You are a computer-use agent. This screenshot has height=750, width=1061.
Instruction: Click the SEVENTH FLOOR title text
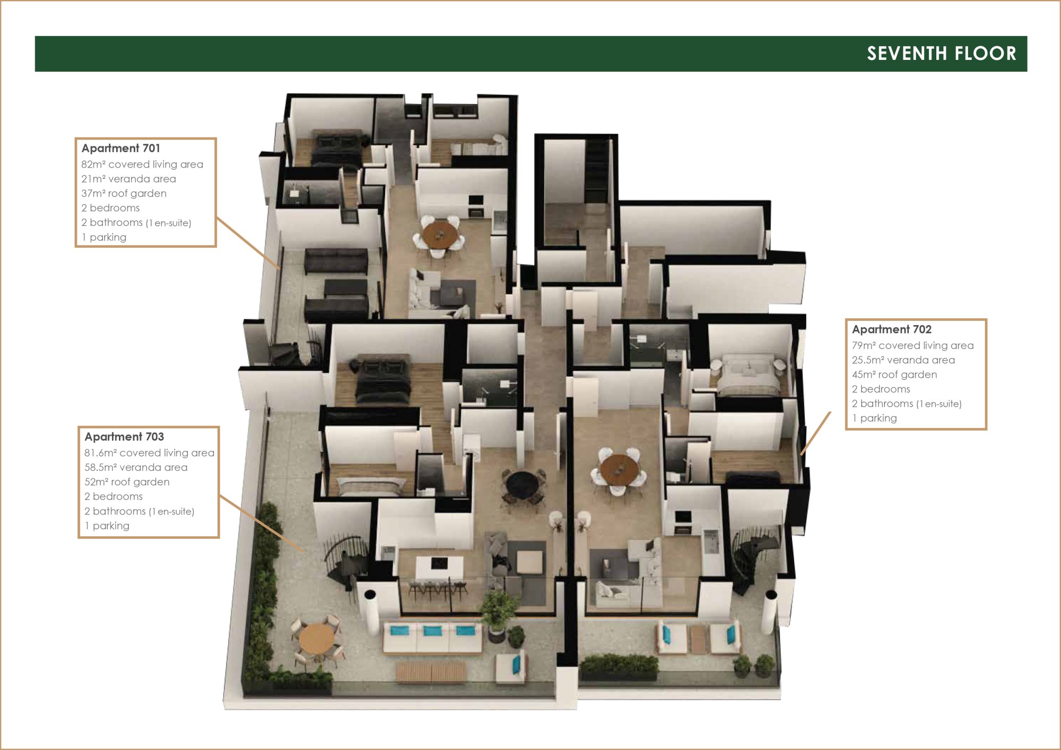[x=942, y=54]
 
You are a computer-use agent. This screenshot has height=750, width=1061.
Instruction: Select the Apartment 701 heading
[x=121, y=149]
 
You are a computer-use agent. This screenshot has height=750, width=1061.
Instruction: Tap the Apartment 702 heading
[x=892, y=329]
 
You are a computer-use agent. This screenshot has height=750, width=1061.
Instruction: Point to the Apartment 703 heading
[x=124, y=437]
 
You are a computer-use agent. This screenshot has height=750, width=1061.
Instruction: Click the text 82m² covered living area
[x=142, y=164]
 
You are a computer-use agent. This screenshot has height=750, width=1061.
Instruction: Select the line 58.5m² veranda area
[x=136, y=467]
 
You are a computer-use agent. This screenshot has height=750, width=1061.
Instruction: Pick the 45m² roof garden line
[x=894, y=374]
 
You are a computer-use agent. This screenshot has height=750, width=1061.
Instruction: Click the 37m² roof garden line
[x=124, y=194]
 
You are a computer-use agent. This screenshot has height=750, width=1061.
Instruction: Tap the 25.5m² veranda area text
[x=903, y=360]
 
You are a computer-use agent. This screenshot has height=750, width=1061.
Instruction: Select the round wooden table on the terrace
[x=317, y=639]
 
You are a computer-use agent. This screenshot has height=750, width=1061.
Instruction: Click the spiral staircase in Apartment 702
[x=755, y=557]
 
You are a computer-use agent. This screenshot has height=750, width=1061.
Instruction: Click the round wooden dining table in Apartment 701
[x=440, y=234]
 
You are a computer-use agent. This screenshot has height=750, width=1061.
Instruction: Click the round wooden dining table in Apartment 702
[x=619, y=469]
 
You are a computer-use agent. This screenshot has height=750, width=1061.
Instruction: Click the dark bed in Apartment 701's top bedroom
[x=336, y=149]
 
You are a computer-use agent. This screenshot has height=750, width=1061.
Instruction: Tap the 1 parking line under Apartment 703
[x=107, y=526]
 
